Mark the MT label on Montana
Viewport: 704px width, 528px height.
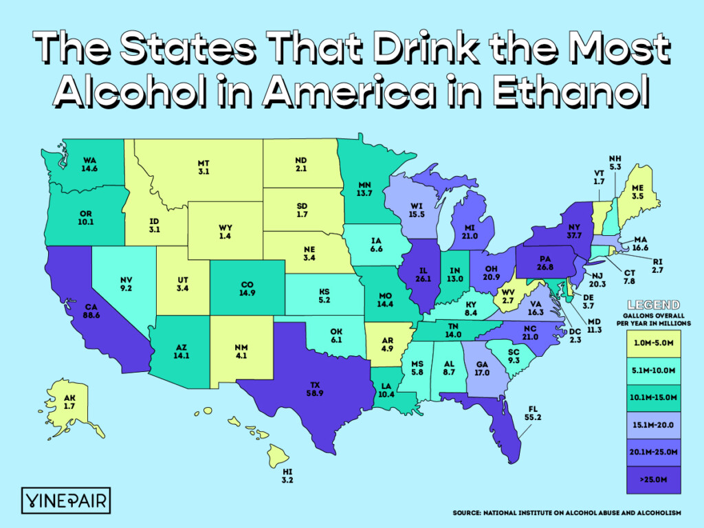coord(203,164)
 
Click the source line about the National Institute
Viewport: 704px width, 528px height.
coord(566,513)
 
